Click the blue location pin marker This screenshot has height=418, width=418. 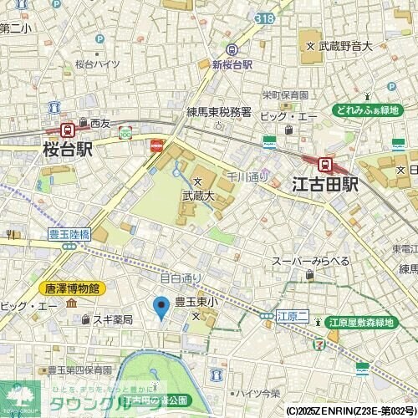tap(162, 308)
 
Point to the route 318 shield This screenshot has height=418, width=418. tap(264, 17)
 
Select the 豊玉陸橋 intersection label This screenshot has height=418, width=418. tap(69, 235)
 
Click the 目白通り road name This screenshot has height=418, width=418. tap(181, 278)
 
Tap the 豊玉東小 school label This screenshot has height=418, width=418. tap(196, 302)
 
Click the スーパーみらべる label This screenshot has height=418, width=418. tap(310, 262)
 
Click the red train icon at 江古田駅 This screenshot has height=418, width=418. tap(325, 166)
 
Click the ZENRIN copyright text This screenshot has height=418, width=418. tap(350, 410)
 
